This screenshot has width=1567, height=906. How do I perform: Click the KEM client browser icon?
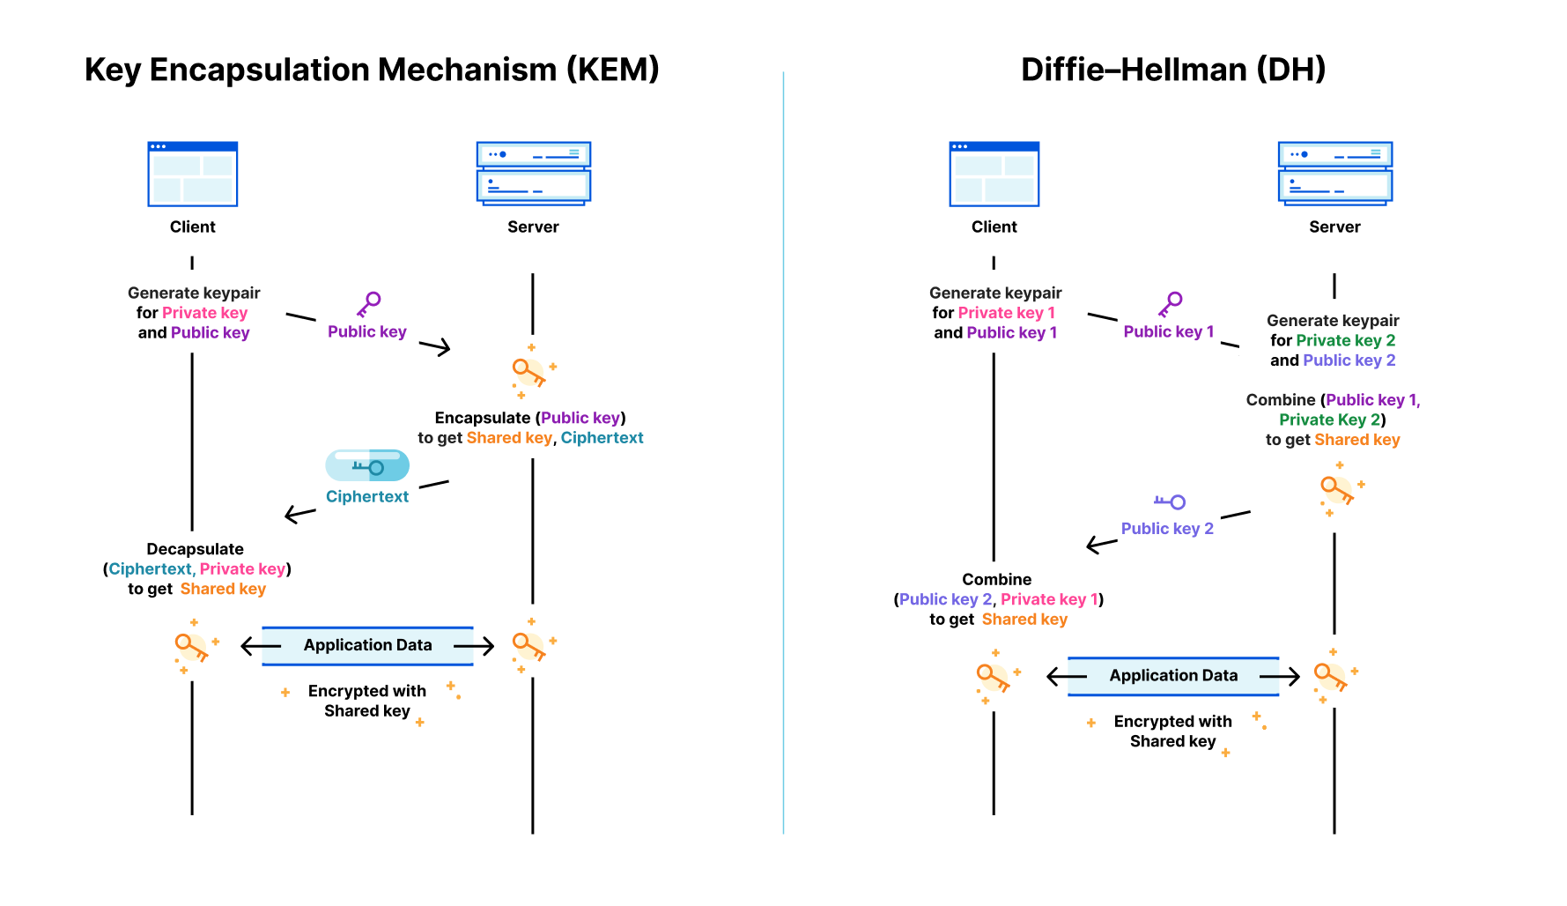coord(192,174)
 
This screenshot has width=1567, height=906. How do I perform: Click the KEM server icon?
coord(533,173)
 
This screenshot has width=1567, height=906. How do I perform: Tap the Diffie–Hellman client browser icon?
coord(994,174)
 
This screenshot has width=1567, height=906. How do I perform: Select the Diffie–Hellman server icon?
coord(1334,173)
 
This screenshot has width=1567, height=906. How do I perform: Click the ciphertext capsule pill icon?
coord(367,465)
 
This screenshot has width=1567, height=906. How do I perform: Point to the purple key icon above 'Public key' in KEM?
coord(368,304)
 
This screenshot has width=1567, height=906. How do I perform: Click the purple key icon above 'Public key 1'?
coord(1170,304)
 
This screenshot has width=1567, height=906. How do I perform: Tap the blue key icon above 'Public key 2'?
coord(1170,501)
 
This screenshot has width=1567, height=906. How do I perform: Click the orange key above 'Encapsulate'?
coord(529,372)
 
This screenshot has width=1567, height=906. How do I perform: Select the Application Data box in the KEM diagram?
coord(367,645)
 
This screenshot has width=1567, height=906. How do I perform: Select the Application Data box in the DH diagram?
coord(1172,676)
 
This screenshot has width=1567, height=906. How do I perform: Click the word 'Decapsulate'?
coord(195,549)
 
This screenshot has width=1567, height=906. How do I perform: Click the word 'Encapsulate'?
coord(482,418)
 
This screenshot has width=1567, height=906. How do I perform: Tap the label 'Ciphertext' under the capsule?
coord(367,496)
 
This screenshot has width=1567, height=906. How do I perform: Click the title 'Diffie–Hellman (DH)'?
coord(1172,70)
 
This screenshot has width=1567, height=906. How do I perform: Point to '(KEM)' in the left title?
coord(612,70)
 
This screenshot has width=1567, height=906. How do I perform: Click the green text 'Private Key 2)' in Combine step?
coord(1332,420)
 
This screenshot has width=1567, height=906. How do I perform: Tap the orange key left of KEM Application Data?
coord(191,647)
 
